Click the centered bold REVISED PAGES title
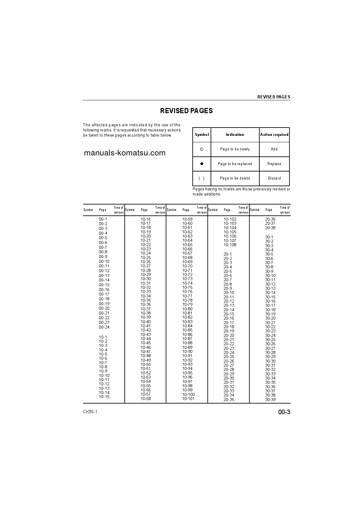coord(186,111)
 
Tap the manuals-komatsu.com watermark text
coord(125,153)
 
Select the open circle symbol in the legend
coord(202,149)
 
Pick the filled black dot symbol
coord(202,164)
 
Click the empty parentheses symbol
coord(202,179)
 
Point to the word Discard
coord(274,179)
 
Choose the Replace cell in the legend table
coord(274,164)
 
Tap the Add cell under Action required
coord(274,149)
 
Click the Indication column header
coord(235,135)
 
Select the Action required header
coord(274,135)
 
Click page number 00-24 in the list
coord(104,327)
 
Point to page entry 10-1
coord(103,337)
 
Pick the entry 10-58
coord(146,399)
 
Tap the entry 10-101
coord(188,399)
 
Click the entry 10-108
coord(230,245)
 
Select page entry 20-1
coord(228,254)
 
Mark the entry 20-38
coord(270,228)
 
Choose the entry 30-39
coord(270,400)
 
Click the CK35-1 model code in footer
coord(90,412)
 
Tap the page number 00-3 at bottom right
coord(284,412)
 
